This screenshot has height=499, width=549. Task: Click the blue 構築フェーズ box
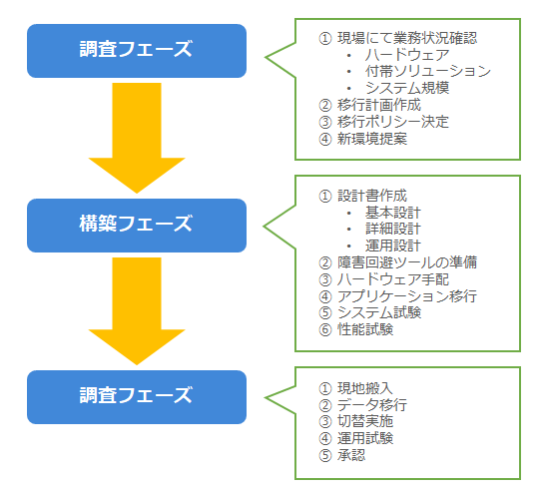(137, 226)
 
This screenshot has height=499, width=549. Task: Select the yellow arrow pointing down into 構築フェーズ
(137, 138)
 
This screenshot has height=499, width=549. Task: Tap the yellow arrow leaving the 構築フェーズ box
(137, 311)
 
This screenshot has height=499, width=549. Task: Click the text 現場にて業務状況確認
(407, 38)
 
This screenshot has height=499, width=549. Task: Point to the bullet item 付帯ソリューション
(428, 71)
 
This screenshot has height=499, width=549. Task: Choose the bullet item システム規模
(407, 88)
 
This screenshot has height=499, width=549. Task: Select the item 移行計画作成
(379, 105)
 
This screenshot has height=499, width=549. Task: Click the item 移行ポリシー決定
(393, 122)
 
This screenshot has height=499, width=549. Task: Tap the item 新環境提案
(372, 139)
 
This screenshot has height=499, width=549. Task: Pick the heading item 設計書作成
(372, 196)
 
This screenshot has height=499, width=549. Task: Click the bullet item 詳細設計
(393, 229)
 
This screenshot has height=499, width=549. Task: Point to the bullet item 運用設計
(393, 246)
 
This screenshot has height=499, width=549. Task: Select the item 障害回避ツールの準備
(407, 262)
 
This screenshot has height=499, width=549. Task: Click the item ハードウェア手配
(393, 279)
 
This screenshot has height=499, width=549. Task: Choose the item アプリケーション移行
(407, 295)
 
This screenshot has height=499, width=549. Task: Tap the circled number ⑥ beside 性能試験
(325, 329)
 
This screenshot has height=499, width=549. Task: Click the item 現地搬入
(365, 388)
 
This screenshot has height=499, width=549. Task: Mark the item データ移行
(372, 405)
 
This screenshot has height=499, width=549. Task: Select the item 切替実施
(365, 421)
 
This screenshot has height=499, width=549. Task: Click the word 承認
(351, 455)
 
